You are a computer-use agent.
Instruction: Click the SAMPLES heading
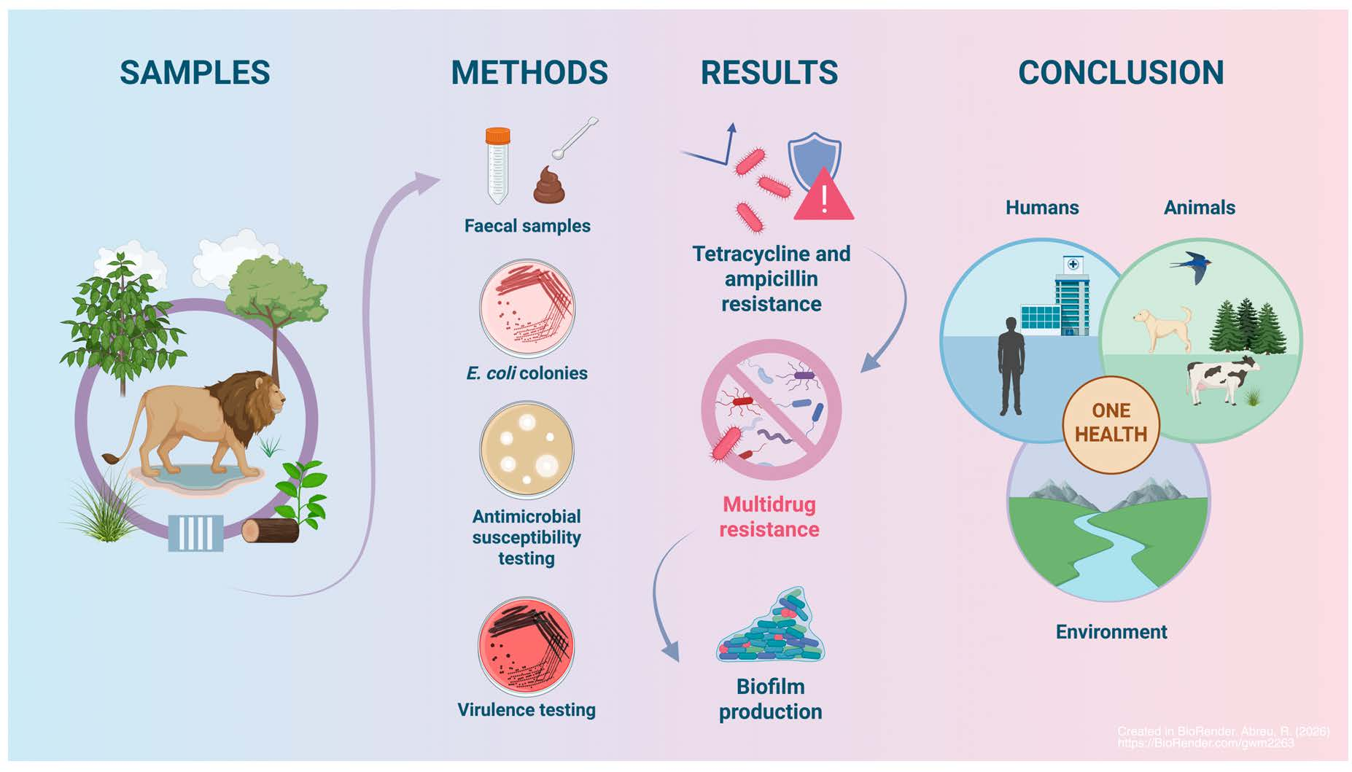point(195,73)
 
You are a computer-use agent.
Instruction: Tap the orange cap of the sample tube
point(497,136)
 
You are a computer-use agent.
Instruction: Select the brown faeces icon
point(549,186)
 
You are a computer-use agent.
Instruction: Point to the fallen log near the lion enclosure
point(269,531)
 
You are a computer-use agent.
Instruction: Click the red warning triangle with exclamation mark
point(824,197)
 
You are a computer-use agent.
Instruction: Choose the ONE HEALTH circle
point(1111,424)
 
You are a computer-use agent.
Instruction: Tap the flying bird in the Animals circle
point(1190,266)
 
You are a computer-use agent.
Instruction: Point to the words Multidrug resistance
point(769,517)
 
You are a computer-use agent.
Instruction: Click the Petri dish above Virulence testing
point(526,646)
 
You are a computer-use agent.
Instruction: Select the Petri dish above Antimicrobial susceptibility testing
point(527,450)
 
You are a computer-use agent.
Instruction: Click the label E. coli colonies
point(527,373)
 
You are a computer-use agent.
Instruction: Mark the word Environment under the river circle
point(1111,632)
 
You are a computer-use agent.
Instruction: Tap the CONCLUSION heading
point(1120,73)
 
